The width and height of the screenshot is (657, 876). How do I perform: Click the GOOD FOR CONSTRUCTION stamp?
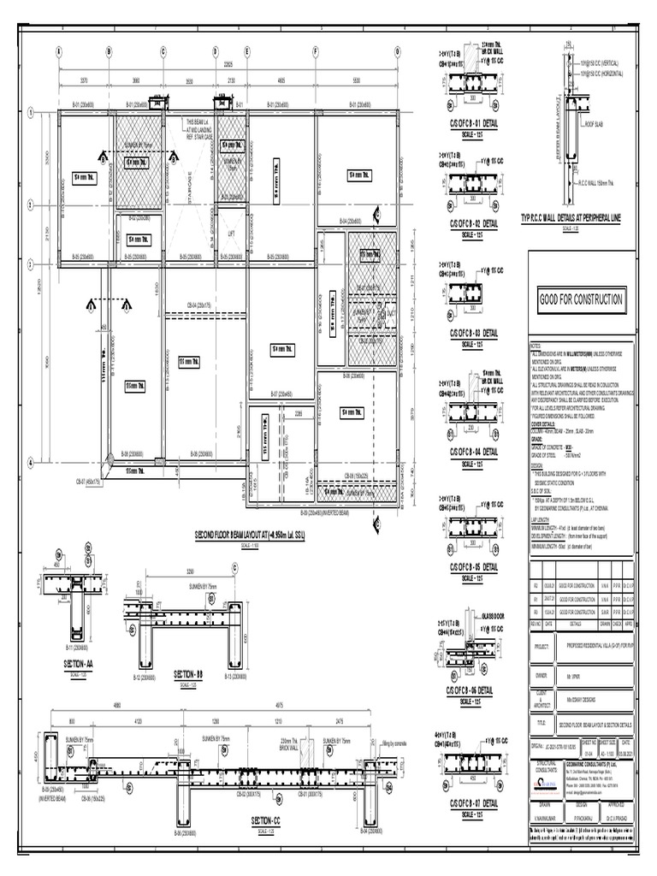[x=580, y=300]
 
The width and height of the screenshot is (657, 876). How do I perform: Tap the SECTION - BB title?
[x=188, y=674]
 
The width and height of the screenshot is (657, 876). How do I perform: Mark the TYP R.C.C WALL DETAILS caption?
[x=571, y=219]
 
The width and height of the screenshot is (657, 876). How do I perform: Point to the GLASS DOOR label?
[x=495, y=614]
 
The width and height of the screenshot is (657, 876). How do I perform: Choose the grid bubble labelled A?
[x=59, y=50]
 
